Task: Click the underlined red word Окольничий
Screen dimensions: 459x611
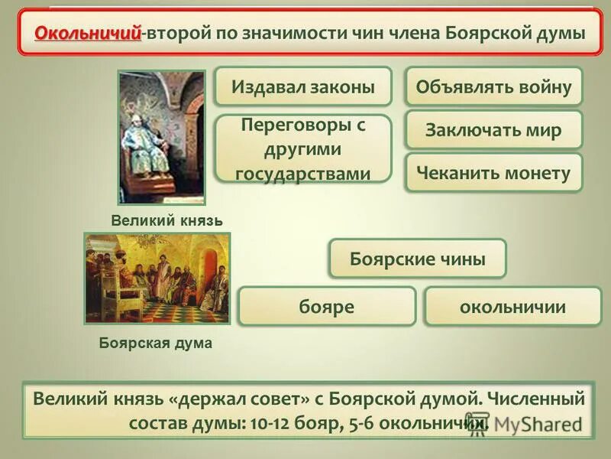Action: click(x=88, y=34)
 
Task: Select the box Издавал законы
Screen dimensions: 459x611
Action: click(x=303, y=86)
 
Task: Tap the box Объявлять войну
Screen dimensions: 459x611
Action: click(x=493, y=86)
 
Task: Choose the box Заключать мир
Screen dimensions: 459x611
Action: click(x=493, y=130)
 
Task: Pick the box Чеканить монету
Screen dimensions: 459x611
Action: click(x=493, y=173)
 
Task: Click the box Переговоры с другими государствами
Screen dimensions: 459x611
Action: click(x=303, y=148)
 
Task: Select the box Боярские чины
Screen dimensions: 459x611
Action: click(x=418, y=259)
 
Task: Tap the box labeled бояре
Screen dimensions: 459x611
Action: click(x=327, y=307)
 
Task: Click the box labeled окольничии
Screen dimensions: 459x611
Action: click(x=512, y=307)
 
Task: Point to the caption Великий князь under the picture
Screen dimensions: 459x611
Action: click(x=166, y=220)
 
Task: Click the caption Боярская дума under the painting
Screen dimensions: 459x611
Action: click(x=156, y=343)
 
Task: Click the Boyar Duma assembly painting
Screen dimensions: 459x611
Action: click(x=157, y=278)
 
